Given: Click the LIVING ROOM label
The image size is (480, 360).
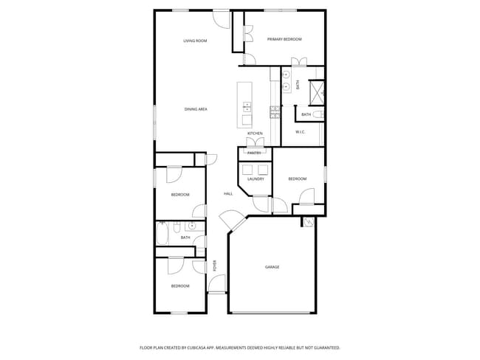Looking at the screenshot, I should click(x=195, y=41).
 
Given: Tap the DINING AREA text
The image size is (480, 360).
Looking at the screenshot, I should click(x=196, y=109).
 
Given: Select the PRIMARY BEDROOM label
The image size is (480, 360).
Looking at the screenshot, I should click(x=284, y=39).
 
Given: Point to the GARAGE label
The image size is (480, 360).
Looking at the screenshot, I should click(x=272, y=267).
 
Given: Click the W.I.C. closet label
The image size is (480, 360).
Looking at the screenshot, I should click(x=301, y=132).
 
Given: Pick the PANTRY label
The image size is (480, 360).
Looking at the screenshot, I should click(x=254, y=153).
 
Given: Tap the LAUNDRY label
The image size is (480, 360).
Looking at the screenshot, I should click(x=256, y=179).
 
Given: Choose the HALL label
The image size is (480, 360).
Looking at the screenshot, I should click(x=228, y=194).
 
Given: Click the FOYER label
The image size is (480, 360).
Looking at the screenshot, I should click(x=215, y=266).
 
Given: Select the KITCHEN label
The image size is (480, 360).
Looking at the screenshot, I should click(x=255, y=134).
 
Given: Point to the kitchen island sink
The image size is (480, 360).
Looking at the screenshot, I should click(x=247, y=108).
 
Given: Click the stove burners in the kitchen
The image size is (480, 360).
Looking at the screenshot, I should click(x=274, y=112).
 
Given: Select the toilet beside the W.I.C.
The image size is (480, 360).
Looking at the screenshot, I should click(x=318, y=114).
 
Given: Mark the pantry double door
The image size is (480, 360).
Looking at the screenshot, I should click(x=255, y=142).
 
